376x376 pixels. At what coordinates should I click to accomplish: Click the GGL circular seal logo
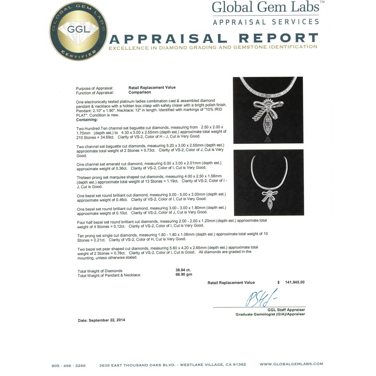click(79, 32)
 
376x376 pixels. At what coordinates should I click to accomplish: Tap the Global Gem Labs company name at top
click(266, 8)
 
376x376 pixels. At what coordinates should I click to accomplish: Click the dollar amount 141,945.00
click(295, 282)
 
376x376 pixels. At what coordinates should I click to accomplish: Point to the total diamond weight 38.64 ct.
click(183, 270)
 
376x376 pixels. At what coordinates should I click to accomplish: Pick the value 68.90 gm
click(184, 274)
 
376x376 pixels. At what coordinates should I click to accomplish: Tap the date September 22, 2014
click(102, 320)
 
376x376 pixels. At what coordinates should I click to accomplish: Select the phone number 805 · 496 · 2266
click(68, 366)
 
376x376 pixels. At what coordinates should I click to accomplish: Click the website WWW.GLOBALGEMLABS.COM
click(291, 364)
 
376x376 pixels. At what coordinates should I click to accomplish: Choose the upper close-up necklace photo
click(268, 110)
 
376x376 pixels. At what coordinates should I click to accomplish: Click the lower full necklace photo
click(269, 183)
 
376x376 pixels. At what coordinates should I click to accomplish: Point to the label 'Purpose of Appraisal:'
click(95, 88)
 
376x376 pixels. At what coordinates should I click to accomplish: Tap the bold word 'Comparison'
click(140, 92)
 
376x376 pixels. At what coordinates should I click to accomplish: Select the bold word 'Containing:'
click(87, 120)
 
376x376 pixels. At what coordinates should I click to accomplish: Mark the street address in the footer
click(172, 365)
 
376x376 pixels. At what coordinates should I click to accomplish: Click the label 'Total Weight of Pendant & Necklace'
click(109, 275)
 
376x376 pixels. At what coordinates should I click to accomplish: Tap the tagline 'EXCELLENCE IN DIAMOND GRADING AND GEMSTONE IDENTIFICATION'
click(213, 48)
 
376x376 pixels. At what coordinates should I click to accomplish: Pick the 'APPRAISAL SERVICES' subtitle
click(266, 22)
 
